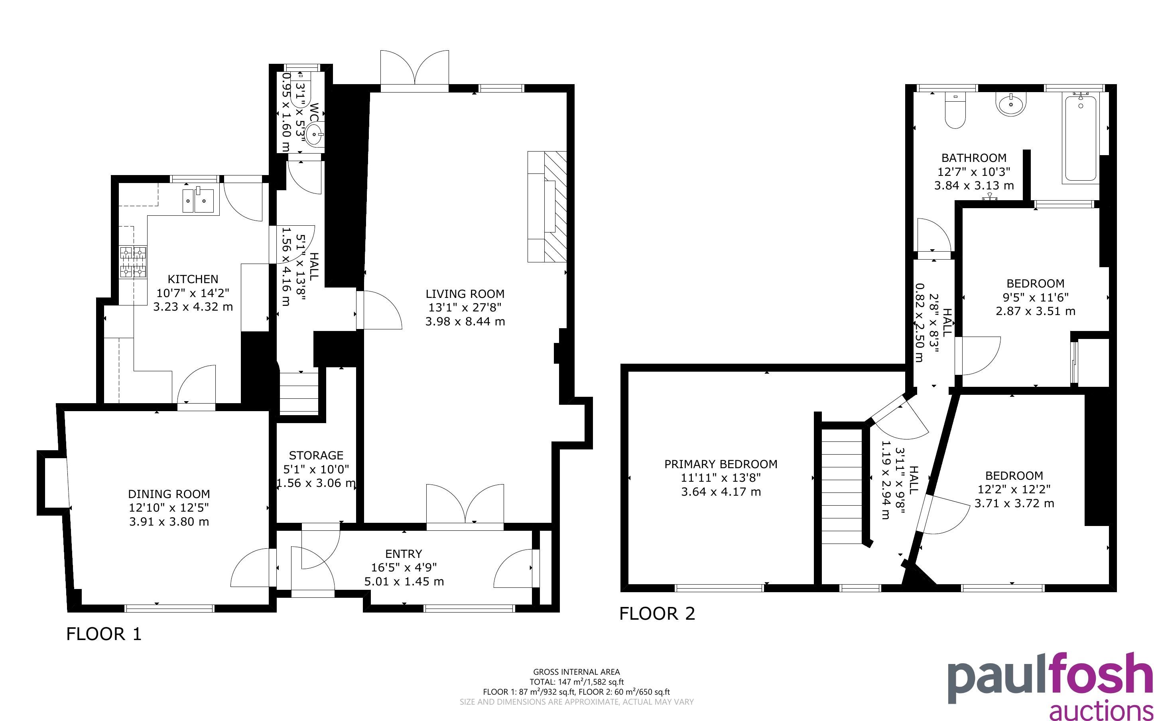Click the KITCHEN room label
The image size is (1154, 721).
click(193, 279)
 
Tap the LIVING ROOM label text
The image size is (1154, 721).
click(465, 294)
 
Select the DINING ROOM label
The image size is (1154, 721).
click(169, 494)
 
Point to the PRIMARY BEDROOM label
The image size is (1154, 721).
click(721, 464)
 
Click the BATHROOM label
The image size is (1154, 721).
click(974, 158)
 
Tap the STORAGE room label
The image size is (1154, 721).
click(316, 455)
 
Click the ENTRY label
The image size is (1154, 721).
click(404, 554)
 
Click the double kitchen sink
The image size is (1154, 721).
click(198, 200)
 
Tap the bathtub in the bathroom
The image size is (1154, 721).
click(1081, 137)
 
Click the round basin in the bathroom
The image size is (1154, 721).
click(1010, 104)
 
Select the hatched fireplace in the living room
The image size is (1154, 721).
click(555, 207)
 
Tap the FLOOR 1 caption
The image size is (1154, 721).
click(104, 634)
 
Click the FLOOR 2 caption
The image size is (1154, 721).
click(657, 614)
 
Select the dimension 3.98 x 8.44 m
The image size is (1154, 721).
click(465, 321)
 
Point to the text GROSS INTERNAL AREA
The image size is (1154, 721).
click(576, 672)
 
